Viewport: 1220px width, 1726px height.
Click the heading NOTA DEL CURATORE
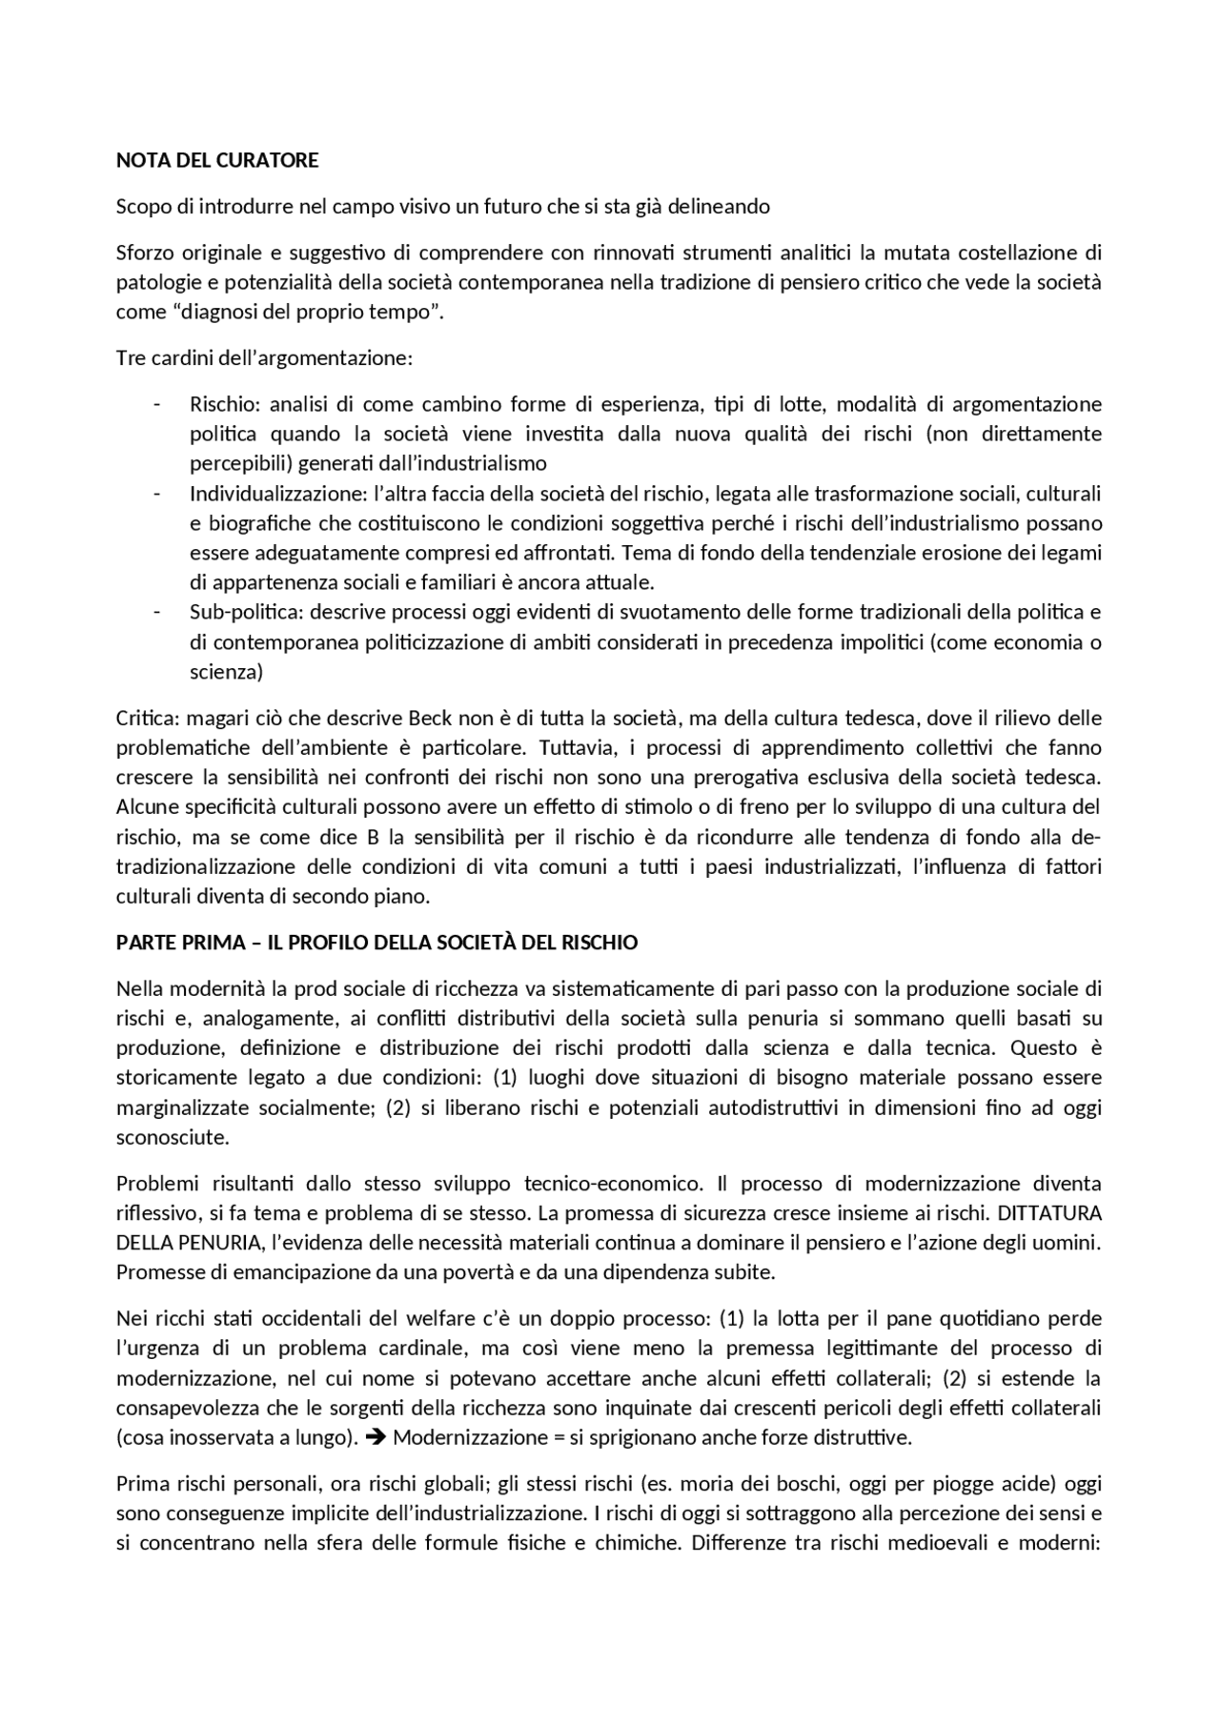[x=217, y=160]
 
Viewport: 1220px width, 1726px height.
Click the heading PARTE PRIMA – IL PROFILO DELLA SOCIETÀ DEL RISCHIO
[x=376, y=943]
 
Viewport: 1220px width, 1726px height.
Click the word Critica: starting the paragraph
[x=148, y=718]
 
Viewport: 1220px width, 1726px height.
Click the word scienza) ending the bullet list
[x=226, y=672]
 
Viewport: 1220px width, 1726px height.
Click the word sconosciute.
[x=173, y=1138]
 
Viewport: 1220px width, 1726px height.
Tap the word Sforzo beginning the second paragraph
[x=143, y=253]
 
